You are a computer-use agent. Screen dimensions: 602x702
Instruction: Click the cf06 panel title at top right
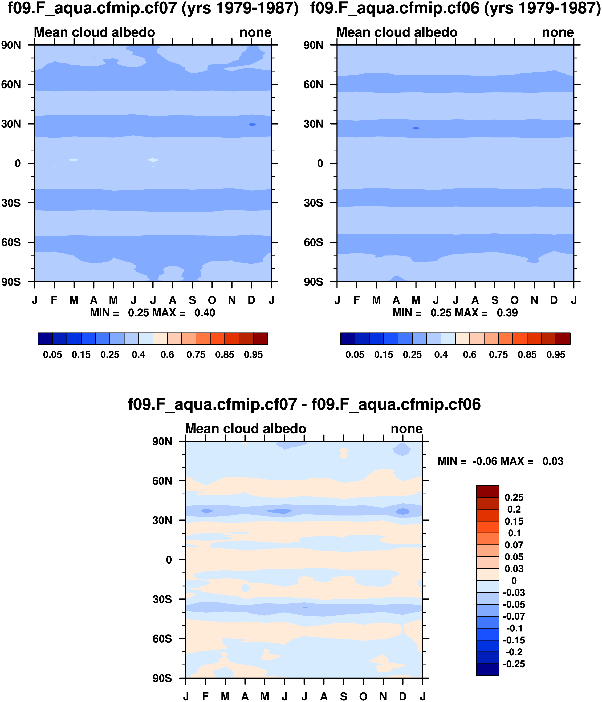coord(455,8)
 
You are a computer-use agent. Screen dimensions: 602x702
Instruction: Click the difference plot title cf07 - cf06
coord(304,404)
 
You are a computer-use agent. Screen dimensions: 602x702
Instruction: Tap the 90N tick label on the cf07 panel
coord(11,45)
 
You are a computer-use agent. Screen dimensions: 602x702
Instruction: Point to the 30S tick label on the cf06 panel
coord(313,203)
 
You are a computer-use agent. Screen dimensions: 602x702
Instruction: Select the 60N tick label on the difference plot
coord(162,481)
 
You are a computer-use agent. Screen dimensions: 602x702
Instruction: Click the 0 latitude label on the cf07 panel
coord(18,164)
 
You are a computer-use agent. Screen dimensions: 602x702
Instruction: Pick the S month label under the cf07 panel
coord(192,300)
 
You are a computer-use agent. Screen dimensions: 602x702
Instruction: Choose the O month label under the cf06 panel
coord(515,300)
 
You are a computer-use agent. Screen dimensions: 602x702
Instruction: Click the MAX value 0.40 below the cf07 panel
coord(205,313)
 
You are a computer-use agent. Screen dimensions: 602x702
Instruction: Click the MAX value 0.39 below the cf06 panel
coord(507,313)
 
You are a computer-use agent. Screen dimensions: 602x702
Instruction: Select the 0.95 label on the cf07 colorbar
coord(253,355)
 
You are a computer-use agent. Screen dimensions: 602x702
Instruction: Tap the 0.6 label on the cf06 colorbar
coord(470,355)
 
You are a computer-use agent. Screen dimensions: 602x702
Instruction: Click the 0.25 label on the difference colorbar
coord(514,497)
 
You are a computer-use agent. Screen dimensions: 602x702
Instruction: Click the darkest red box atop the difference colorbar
coord(488,491)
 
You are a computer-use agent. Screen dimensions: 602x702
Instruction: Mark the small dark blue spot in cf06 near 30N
coord(416,128)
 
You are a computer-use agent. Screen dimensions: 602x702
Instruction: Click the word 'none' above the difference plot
coord(407,429)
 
